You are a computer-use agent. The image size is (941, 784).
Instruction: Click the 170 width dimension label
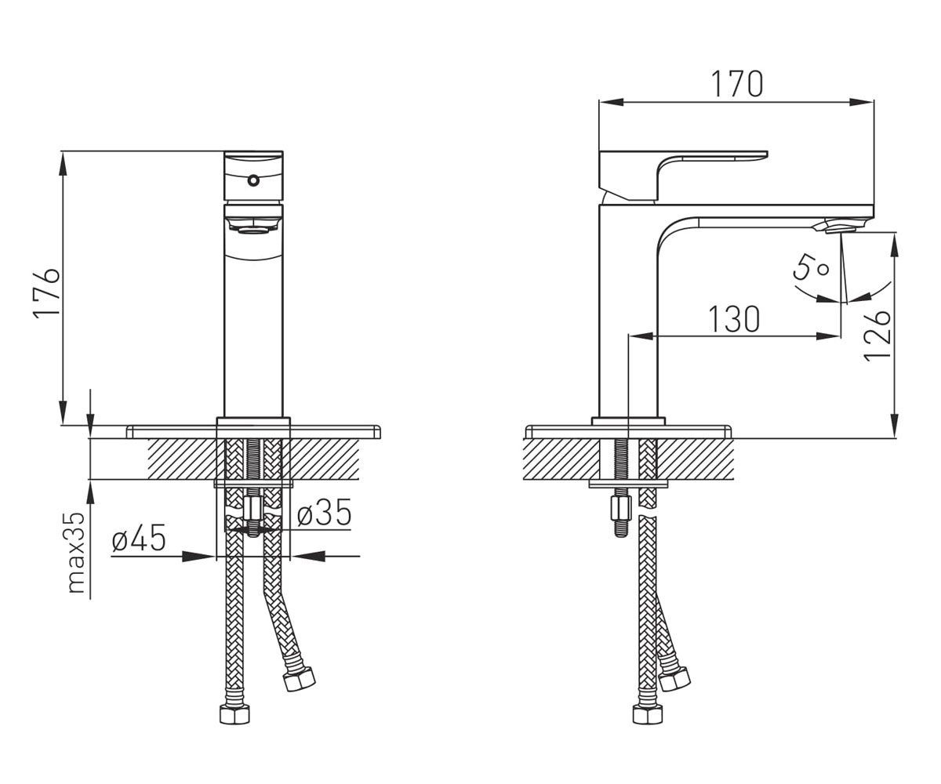[x=737, y=83]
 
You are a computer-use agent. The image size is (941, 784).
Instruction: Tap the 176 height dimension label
[x=46, y=294]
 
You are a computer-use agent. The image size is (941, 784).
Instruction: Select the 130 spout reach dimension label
[x=734, y=319]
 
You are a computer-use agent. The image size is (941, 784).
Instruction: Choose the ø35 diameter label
[x=324, y=512]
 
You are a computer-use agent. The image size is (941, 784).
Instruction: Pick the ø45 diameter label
[x=139, y=538]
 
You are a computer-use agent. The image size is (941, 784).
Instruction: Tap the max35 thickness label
[x=77, y=553]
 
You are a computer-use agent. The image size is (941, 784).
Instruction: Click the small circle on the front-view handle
[x=254, y=180]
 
